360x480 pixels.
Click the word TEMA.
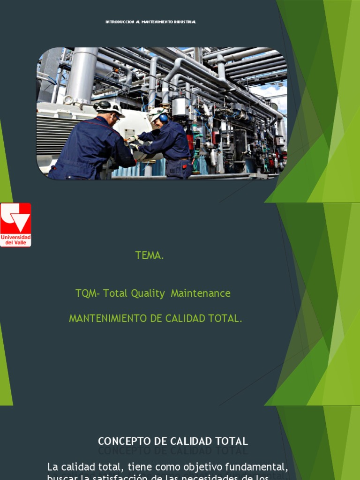150,255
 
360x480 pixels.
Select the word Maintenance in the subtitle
201,293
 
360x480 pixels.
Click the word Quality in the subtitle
148,293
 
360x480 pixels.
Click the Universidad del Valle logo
15,225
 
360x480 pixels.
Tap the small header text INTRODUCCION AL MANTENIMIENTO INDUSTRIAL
150,22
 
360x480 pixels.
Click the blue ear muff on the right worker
163,119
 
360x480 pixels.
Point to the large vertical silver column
82,75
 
